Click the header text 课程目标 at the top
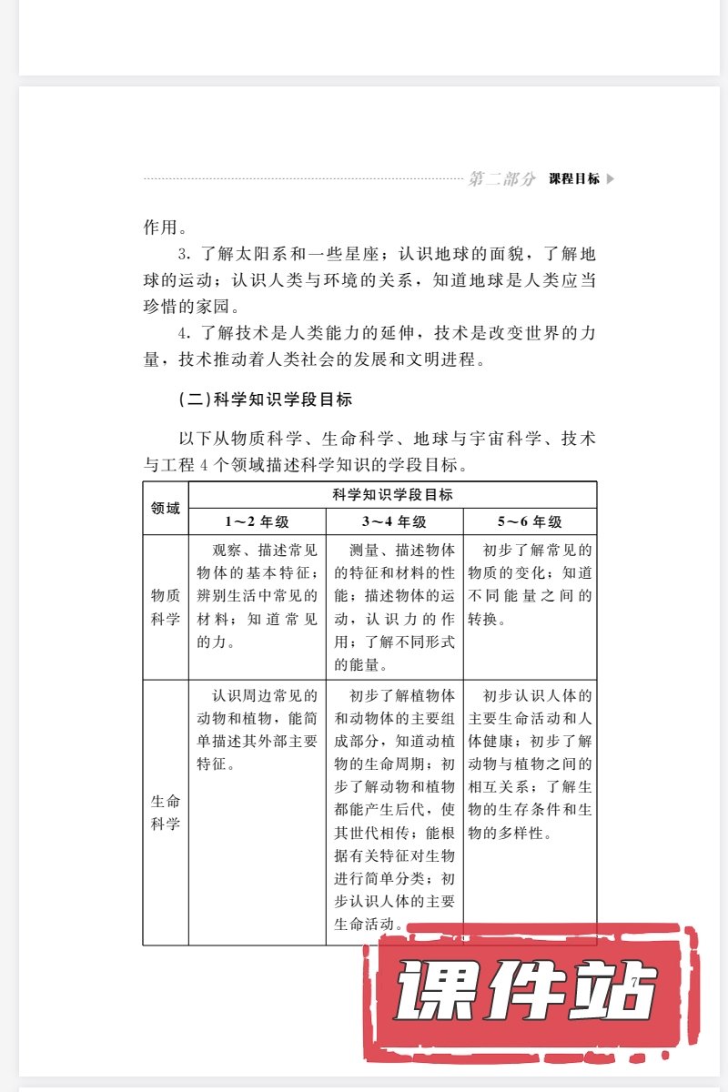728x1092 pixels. point(574,179)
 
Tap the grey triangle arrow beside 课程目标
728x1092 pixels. point(611,179)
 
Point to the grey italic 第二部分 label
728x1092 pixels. point(501,179)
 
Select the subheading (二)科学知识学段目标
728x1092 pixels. point(265,399)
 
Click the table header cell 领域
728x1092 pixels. point(166,508)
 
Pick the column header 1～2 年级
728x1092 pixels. point(258,521)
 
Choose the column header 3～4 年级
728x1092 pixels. point(395,521)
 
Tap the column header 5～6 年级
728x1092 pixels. point(530,521)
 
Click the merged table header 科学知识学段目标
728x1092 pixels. point(393,495)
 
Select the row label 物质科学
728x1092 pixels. point(166,607)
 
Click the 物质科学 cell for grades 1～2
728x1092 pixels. point(258,596)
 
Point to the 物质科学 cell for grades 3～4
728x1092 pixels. point(395,607)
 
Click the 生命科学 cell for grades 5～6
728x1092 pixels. point(530,764)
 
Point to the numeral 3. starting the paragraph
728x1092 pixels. point(182,254)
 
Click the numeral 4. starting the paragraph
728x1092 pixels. point(182,333)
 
